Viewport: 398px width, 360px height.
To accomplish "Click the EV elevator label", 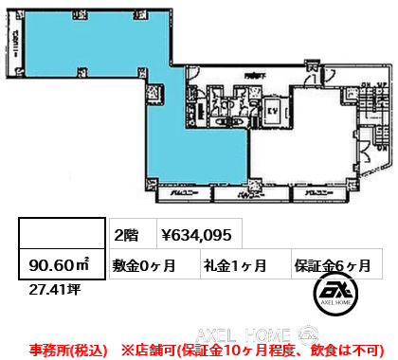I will coord(269,110).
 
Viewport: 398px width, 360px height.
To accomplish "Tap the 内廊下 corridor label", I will coord(251,76).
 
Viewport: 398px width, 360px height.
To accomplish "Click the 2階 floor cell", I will coord(127,234).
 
